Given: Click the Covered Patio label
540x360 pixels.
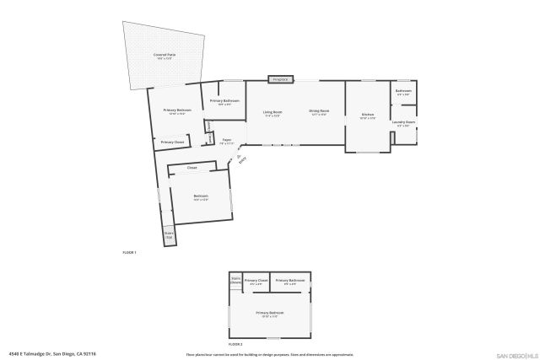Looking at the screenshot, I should point(164,56).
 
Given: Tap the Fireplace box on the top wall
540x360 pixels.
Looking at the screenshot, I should point(279,79).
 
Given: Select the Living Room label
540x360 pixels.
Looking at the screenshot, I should point(272,112).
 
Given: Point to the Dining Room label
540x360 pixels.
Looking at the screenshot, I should point(319,112).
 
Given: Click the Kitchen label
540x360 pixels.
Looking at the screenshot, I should point(367,116).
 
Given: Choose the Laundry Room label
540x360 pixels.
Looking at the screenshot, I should point(403,123).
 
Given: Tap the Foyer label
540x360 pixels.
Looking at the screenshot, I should point(227,142).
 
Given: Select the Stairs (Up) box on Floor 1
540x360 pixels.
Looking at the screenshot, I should point(168,235).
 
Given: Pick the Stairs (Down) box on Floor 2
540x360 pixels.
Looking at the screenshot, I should point(235,281).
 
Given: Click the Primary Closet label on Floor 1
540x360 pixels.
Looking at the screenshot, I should point(172,142).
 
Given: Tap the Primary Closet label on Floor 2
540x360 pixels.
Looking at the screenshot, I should point(256,281).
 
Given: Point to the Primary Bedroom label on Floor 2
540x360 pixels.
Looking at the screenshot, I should point(271,314).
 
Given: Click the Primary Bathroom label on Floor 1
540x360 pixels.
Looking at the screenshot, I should point(230,102).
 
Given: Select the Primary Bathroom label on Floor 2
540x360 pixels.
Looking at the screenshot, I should point(289,281).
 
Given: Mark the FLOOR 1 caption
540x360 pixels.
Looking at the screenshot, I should point(129,253).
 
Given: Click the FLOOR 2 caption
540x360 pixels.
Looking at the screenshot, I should point(235,345).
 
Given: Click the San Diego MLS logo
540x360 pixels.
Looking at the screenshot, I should point(516,354).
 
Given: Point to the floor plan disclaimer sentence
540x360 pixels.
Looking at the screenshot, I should point(270,354).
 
